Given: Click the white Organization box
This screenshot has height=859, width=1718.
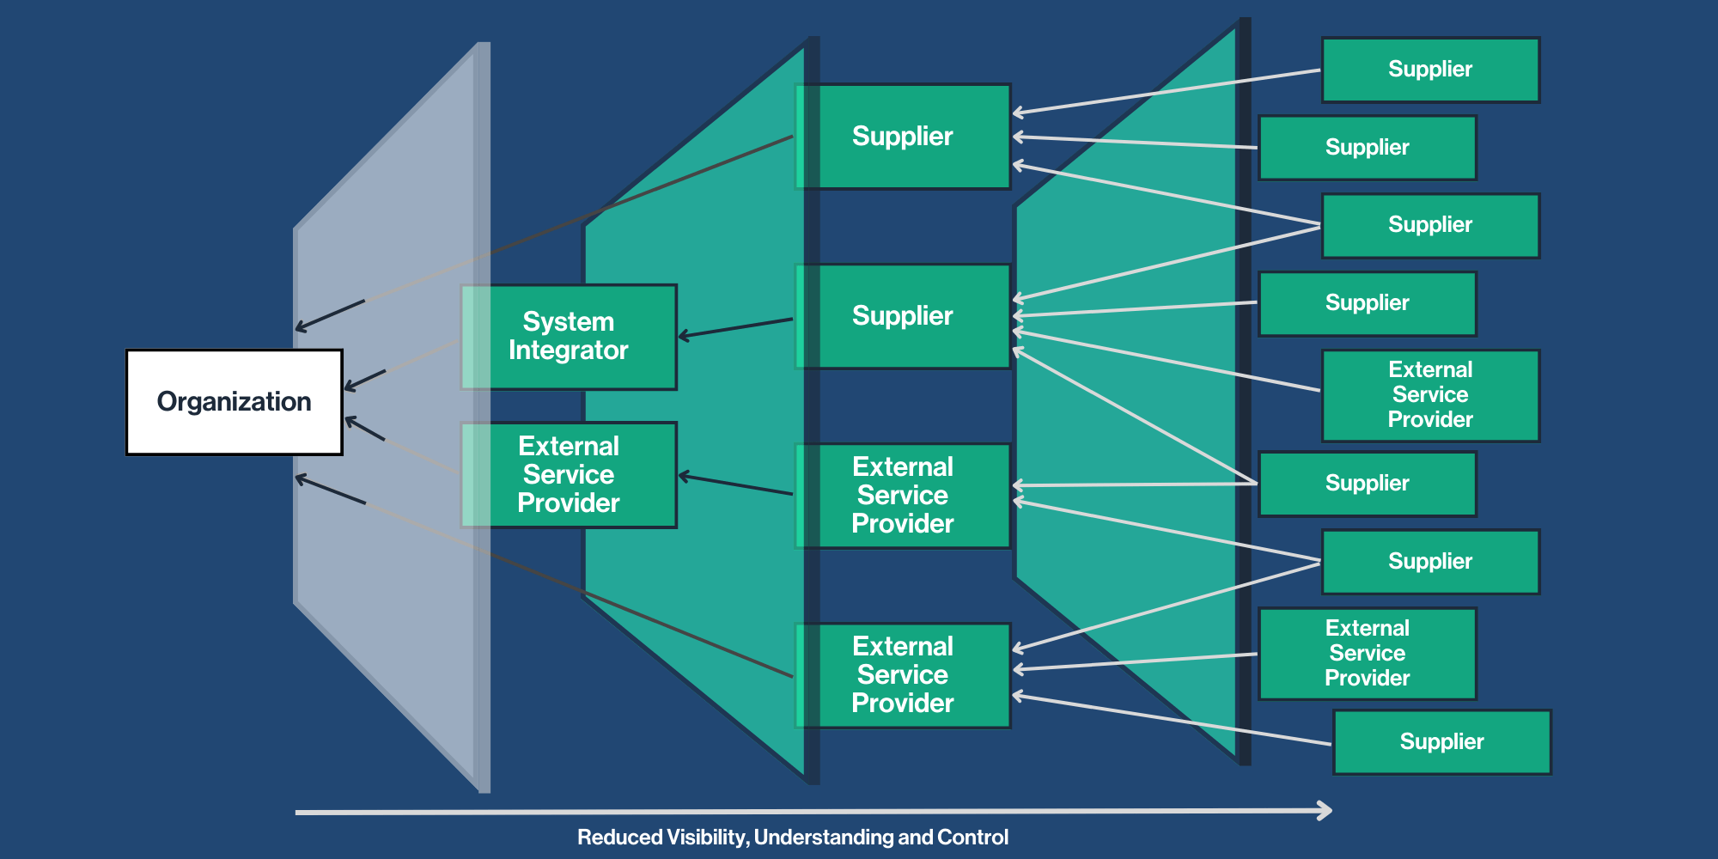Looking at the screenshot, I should pos(234,402).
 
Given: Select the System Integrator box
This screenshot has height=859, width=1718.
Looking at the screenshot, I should pos(569,337).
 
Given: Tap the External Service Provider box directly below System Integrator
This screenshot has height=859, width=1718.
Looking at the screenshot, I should pos(569,475).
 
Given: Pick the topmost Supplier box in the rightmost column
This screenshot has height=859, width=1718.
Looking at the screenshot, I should pos(1430,70).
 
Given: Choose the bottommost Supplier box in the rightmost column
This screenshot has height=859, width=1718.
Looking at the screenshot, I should pos(1441,742).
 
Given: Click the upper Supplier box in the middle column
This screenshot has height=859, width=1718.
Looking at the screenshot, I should pos(902,137).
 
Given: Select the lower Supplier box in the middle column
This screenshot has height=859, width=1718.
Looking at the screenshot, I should pos(902,316).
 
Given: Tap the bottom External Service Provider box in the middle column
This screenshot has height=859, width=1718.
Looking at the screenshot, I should pos(902,675).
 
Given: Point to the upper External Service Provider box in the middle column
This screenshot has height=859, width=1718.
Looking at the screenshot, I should pos(902,496).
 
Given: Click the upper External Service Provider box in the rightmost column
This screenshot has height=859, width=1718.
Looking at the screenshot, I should pos(1430,395).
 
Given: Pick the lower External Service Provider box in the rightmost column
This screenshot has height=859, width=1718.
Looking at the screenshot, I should pos(1367,654).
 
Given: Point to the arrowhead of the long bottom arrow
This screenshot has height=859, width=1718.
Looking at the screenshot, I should pos(1326,810).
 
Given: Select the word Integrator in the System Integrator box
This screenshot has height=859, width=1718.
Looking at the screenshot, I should pos(569,350).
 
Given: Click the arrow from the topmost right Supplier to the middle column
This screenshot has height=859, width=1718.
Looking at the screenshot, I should pos(1168,91).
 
